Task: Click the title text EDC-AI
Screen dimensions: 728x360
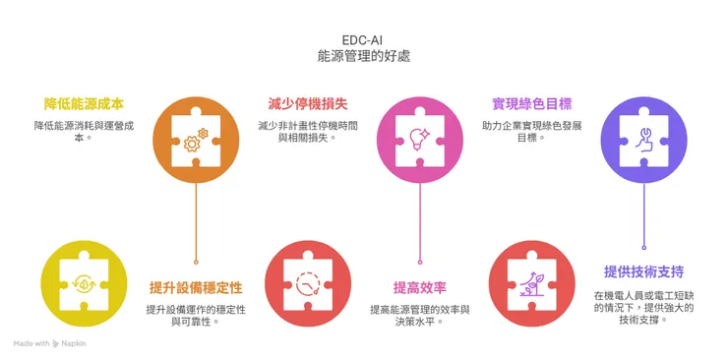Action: click(363, 38)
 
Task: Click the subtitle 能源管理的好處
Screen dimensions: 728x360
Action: click(363, 57)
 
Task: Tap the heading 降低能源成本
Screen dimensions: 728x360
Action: click(85, 103)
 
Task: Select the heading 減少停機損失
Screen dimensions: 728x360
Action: click(308, 103)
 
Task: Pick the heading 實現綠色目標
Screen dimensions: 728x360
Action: click(531, 103)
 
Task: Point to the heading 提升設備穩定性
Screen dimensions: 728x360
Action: click(196, 287)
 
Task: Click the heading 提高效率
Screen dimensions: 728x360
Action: click(420, 287)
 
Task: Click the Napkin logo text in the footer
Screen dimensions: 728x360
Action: click(71, 344)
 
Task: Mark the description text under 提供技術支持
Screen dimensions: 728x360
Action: click(643, 307)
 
